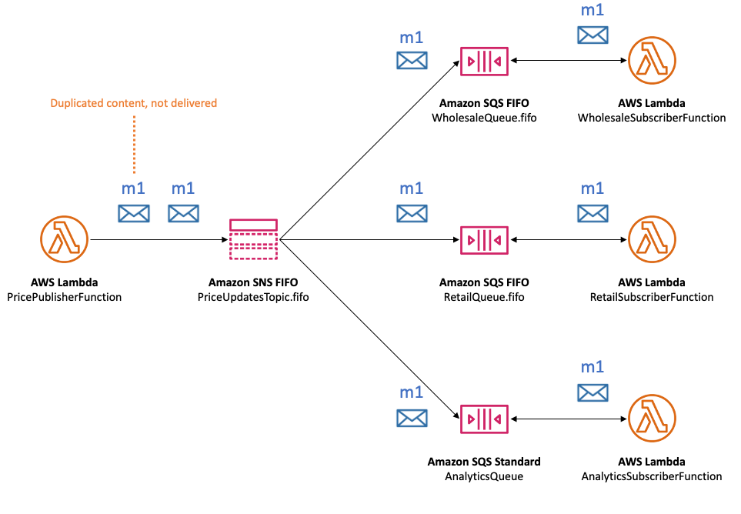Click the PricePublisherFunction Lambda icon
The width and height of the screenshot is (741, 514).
(x=65, y=240)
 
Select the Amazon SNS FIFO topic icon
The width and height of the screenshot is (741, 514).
(x=253, y=239)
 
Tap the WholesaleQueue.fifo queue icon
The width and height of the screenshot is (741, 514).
(x=484, y=61)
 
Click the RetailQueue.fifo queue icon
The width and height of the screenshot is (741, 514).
(x=484, y=240)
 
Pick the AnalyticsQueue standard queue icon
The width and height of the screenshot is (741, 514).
(x=484, y=419)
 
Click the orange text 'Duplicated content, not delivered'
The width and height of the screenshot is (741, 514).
(x=133, y=103)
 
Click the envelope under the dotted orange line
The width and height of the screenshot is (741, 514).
(x=134, y=213)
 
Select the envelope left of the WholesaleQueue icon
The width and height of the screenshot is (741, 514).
(x=412, y=61)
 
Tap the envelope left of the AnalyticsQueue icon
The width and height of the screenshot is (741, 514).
(x=412, y=418)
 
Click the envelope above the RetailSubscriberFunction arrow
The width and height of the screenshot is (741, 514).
(x=592, y=213)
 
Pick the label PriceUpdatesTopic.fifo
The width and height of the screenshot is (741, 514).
(x=253, y=297)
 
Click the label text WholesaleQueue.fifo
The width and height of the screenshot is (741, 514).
(x=484, y=118)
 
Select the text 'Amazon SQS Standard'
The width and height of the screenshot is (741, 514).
(x=484, y=462)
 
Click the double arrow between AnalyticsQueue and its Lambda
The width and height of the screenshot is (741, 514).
(x=567, y=419)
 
